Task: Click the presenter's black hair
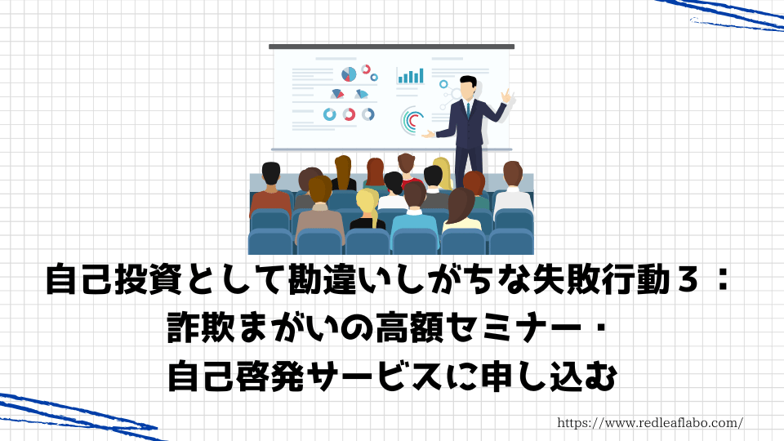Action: [468, 81]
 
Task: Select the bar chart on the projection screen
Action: [411, 76]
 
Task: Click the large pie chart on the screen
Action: [349, 74]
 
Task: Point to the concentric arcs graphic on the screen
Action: [412, 121]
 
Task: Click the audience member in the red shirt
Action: [407, 171]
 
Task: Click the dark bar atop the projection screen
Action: [391, 47]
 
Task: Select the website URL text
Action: [650, 423]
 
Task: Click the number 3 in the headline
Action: [689, 280]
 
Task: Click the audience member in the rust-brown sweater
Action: [270, 190]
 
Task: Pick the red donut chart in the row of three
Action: [349, 114]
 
